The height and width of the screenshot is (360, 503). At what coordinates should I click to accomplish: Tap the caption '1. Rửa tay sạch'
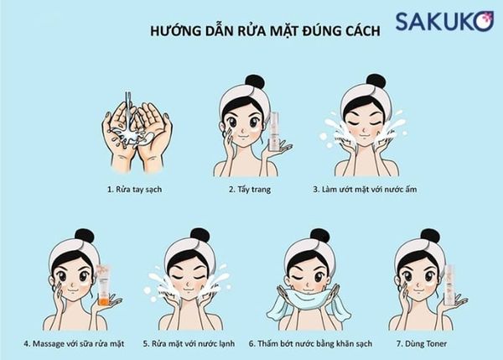point(133,190)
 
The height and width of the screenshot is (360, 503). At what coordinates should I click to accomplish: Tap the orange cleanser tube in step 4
point(103,285)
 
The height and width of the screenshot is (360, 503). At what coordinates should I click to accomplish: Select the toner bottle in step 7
point(448,285)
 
